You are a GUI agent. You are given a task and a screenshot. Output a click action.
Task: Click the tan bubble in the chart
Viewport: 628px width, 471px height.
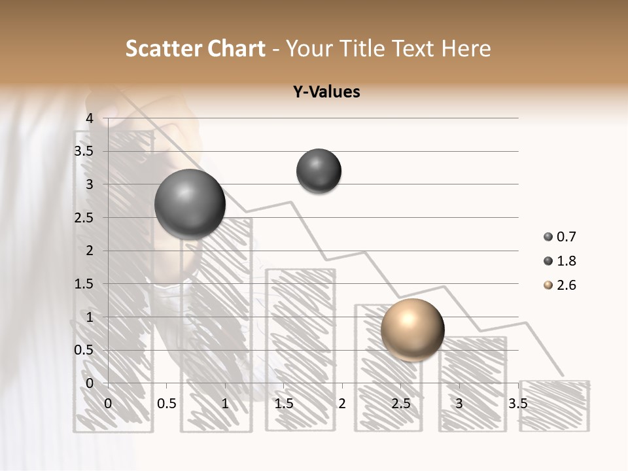[412, 330]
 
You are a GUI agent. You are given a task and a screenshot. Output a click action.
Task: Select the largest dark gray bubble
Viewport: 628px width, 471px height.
[190, 204]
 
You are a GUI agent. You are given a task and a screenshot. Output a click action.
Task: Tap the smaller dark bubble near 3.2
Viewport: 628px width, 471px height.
[319, 171]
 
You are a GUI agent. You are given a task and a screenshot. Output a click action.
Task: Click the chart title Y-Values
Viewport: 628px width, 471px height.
[326, 92]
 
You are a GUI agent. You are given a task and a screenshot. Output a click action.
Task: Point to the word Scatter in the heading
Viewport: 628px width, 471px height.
[161, 48]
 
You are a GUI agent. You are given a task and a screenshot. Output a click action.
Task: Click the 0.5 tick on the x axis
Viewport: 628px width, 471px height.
[166, 404]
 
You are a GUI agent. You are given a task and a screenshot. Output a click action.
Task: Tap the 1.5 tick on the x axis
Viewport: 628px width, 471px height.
[283, 404]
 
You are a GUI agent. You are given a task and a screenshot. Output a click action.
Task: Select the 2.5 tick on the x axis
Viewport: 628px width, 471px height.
[400, 404]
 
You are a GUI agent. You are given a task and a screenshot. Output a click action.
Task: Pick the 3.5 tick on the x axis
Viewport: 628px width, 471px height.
[517, 404]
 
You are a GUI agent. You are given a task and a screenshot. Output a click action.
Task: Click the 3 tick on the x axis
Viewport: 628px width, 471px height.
[459, 404]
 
